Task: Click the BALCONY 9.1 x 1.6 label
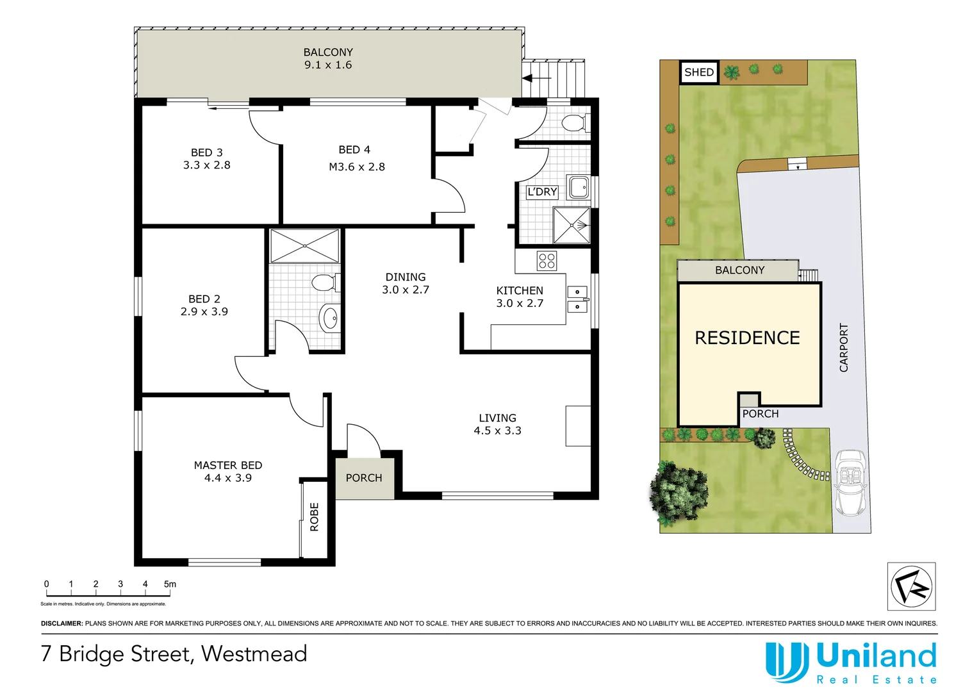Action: point(328,58)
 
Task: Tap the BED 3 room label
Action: point(206,159)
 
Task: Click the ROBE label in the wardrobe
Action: point(315,516)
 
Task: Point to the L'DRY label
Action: point(542,192)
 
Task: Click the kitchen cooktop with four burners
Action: point(547,260)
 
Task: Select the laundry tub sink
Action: point(579,188)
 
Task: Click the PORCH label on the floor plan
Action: point(363,478)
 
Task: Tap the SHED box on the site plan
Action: point(698,72)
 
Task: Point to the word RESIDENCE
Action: point(747,338)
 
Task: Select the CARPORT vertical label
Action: point(844,347)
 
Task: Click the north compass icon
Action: point(911,586)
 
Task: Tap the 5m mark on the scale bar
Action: point(170,584)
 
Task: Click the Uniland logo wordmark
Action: point(876,657)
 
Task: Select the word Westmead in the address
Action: point(254,654)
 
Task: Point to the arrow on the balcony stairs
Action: point(536,79)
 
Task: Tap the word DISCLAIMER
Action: point(62,623)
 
